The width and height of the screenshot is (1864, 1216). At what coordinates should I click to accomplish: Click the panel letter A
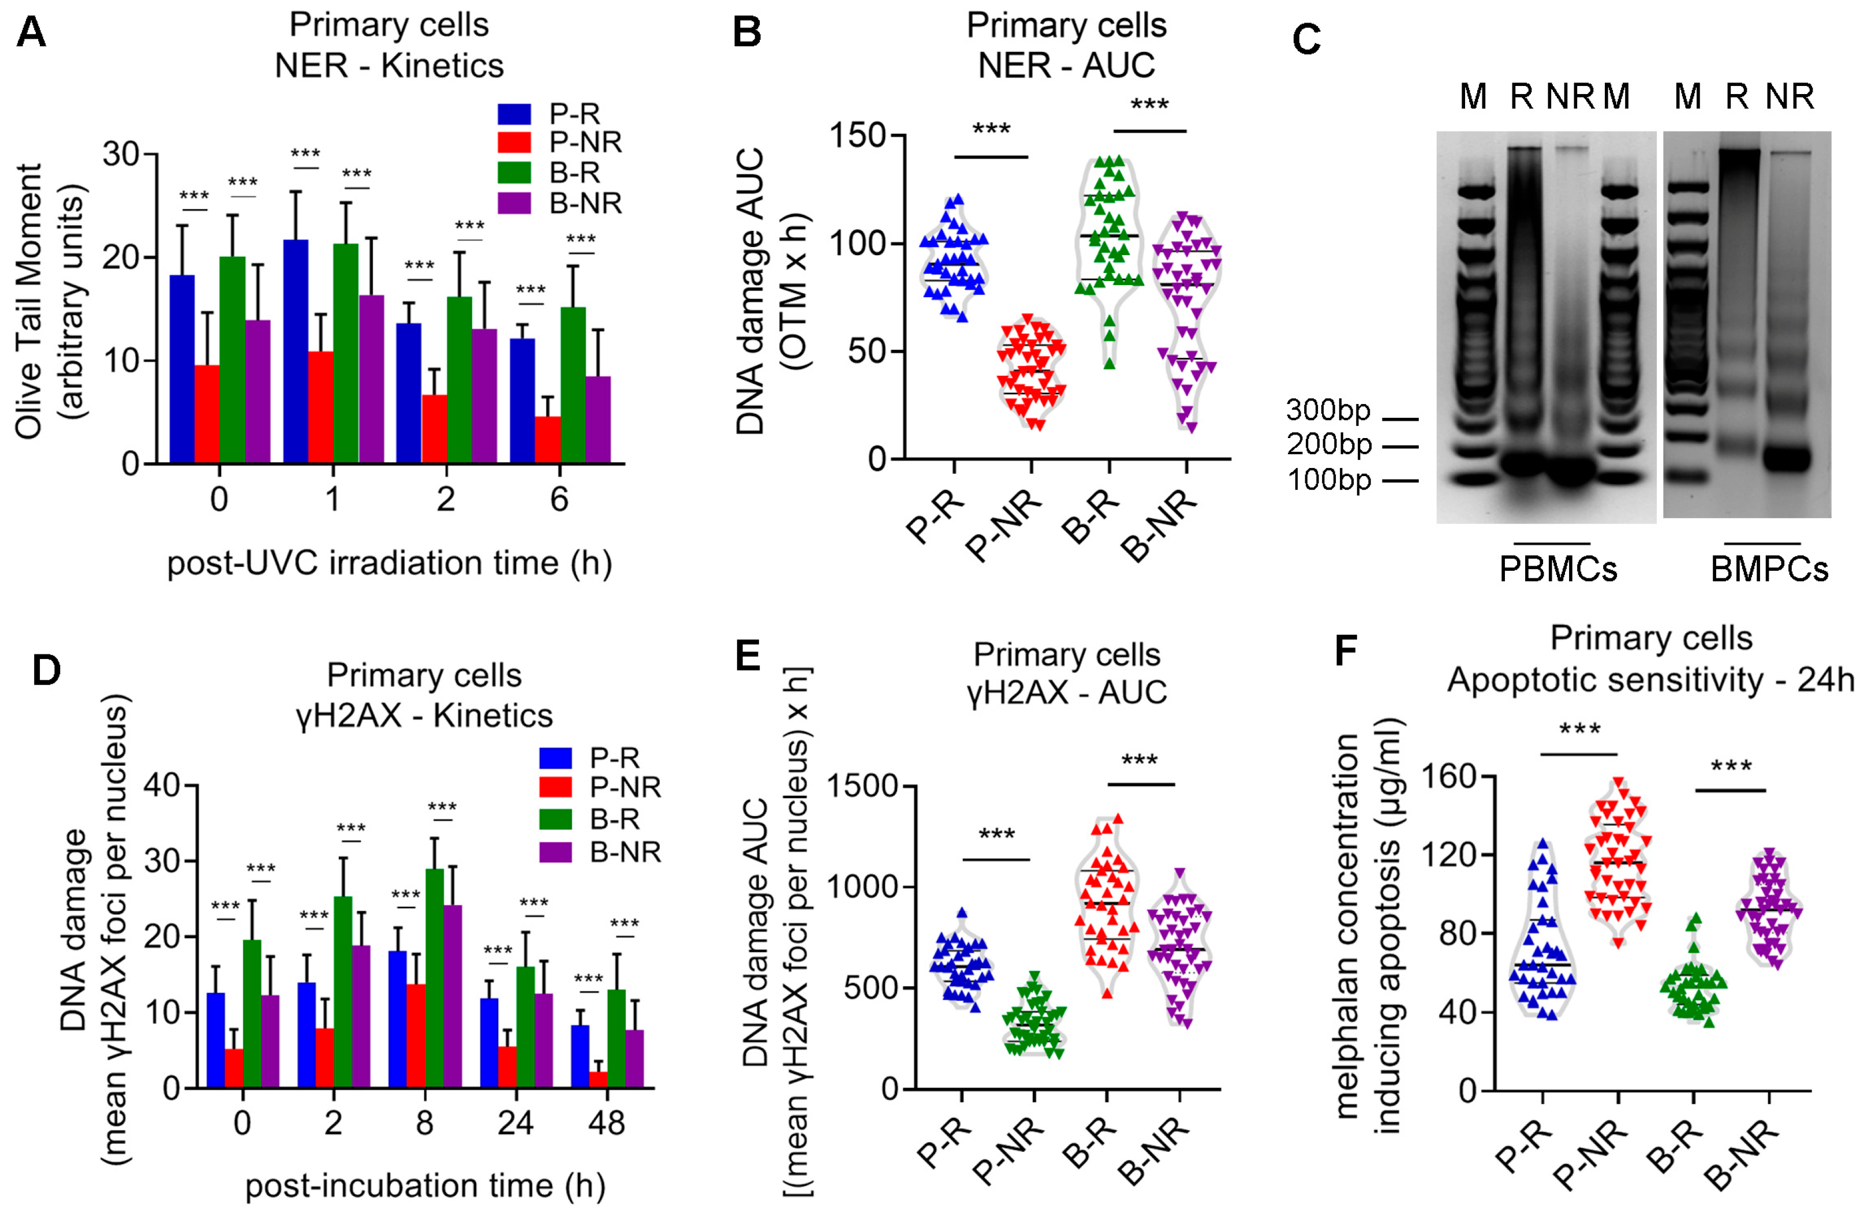(31, 33)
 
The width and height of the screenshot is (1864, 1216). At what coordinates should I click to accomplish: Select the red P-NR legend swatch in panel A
(514, 143)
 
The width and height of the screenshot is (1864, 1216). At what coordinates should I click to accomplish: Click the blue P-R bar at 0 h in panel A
(182, 369)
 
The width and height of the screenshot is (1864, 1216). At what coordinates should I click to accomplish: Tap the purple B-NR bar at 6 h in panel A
(597, 420)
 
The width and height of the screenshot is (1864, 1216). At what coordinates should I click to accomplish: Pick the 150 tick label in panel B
(858, 136)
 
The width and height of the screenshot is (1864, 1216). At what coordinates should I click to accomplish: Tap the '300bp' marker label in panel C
(1328, 410)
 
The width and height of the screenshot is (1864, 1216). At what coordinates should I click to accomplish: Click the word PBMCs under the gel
(1558, 569)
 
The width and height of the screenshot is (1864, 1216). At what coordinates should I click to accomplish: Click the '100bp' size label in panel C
(1329, 479)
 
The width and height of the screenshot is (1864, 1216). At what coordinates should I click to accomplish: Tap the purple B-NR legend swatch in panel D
(555, 852)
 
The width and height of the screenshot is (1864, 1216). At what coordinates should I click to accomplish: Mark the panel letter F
(1346, 650)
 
